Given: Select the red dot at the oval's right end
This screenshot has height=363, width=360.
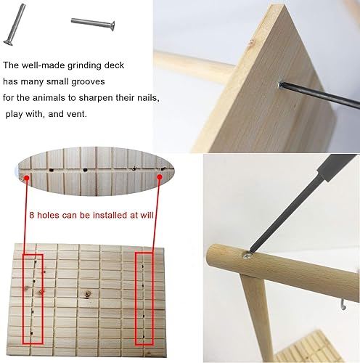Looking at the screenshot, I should [x=160, y=174].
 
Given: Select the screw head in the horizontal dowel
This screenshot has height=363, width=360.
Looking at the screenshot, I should [x=248, y=256].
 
